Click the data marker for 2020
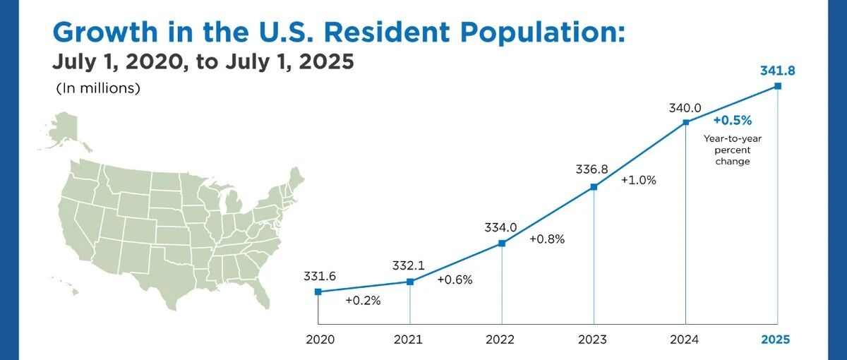click(x=318, y=292)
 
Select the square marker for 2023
click(x=594, y=187)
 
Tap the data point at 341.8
click(x=778, y=86)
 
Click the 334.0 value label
click(x=500, y=227)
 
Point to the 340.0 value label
click(x=685, y=108)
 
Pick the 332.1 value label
click(x=409, y=266)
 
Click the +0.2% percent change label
click(x=363, y=301)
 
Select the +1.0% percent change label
click(x=639, y=181)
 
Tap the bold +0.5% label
click(x=733, y=121)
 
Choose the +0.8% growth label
click(x=547, y=239)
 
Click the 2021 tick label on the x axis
click(x=408, y=340)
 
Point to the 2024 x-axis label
click(x=685, y=340)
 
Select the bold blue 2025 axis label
click(x=776, y=340)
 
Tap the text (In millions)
click(x=98, y=88)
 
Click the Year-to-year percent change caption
click(x=733, y=150)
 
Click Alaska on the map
click(x=64, y=131)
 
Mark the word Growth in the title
click(x=104, y=32)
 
